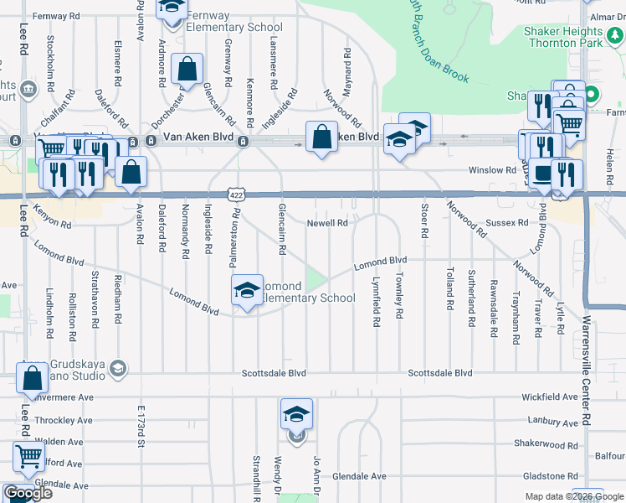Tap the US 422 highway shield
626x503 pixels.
point(236,194)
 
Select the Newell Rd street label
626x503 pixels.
point(326,223)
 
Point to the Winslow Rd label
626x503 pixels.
point(492,170)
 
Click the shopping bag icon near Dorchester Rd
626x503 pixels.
point(187,70)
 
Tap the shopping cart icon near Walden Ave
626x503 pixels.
point(28,458)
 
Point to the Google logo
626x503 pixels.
point(28,494)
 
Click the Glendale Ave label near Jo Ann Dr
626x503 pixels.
point(359,476)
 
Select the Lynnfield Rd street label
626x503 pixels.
point(377,301)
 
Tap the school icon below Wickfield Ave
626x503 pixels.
point(296,414)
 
